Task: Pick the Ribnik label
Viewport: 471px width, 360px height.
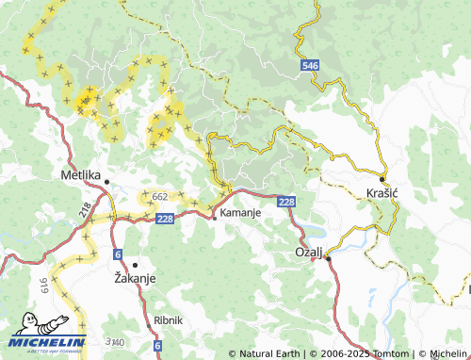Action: tap(168, 319)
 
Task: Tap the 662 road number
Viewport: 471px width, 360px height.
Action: tap(159, 197)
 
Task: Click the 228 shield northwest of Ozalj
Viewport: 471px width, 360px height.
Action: tap(287, 201)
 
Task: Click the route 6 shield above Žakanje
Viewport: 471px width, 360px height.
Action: tap(117, 254)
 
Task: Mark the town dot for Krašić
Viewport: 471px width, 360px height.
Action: tap(382, 178)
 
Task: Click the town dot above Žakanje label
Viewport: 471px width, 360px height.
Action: tap(135, 265)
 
